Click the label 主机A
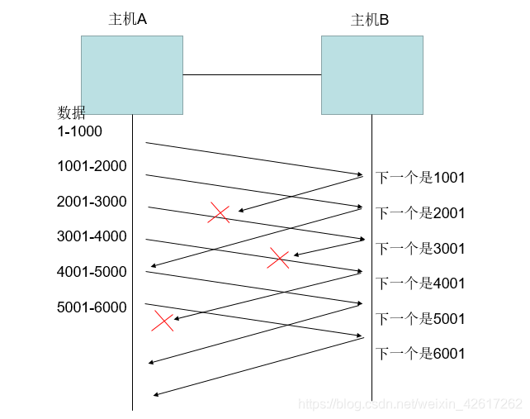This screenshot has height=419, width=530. click(x=127, y=20)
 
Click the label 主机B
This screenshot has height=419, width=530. click(x=370, y=20)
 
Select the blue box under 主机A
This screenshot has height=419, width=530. click(x=132, y=74)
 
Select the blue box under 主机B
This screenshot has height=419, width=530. click(x=371, y=74)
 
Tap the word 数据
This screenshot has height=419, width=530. click(x=71, y=113)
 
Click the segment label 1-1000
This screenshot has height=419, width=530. click(x=79, y=131)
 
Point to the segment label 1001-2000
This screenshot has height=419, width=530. click(x=92, y=166)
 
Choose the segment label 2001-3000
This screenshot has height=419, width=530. click(x=92, y=202)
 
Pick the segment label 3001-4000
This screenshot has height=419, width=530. click(x=92, y=237)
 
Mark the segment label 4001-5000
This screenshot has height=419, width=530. click(x=92, y=272)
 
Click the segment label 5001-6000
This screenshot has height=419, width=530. click(x=92, y=307)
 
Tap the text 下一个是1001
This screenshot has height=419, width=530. click(x=421, y=177)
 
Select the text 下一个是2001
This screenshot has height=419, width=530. click(x=421, y=213)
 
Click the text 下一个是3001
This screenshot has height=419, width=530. click(x=421, y=248)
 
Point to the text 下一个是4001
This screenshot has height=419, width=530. click(x=421, y=283)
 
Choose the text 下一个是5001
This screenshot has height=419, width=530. click(x=421, y=319)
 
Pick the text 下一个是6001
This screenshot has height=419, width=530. click(x=421, y=354)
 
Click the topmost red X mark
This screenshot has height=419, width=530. click(x=219, y=213)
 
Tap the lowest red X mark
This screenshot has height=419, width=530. click(x=163, y=321)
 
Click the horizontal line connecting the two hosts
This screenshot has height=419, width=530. click(x=252, y=75)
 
